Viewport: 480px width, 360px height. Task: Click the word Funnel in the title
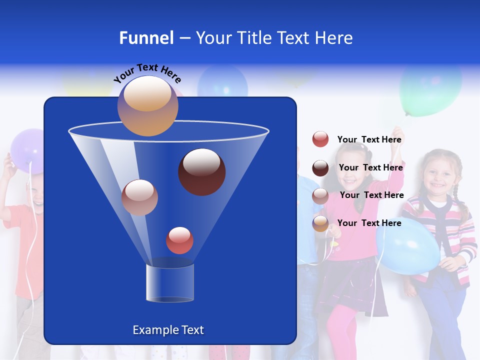point(146,38)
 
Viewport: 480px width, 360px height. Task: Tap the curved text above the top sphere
point(147,72)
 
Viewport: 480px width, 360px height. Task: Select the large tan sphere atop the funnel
point(148,105)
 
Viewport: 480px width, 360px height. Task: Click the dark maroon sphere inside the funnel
point(201,171)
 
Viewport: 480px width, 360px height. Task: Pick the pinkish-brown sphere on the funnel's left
point(139,197)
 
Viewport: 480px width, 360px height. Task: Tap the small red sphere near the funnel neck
point(179,240)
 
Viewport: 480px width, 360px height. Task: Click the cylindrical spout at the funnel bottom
point(169,283)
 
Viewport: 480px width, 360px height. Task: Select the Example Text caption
point(168,330)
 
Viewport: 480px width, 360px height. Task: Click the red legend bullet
point(320,139)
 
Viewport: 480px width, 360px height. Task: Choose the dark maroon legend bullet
point(320,168)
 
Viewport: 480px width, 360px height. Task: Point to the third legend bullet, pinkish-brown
point(320,196)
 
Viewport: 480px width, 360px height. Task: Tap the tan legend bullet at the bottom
point(320,223)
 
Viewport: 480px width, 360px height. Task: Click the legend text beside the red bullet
point(369,140)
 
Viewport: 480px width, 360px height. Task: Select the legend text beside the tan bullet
point(369,223)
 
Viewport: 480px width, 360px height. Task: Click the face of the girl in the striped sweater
point(437,175)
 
